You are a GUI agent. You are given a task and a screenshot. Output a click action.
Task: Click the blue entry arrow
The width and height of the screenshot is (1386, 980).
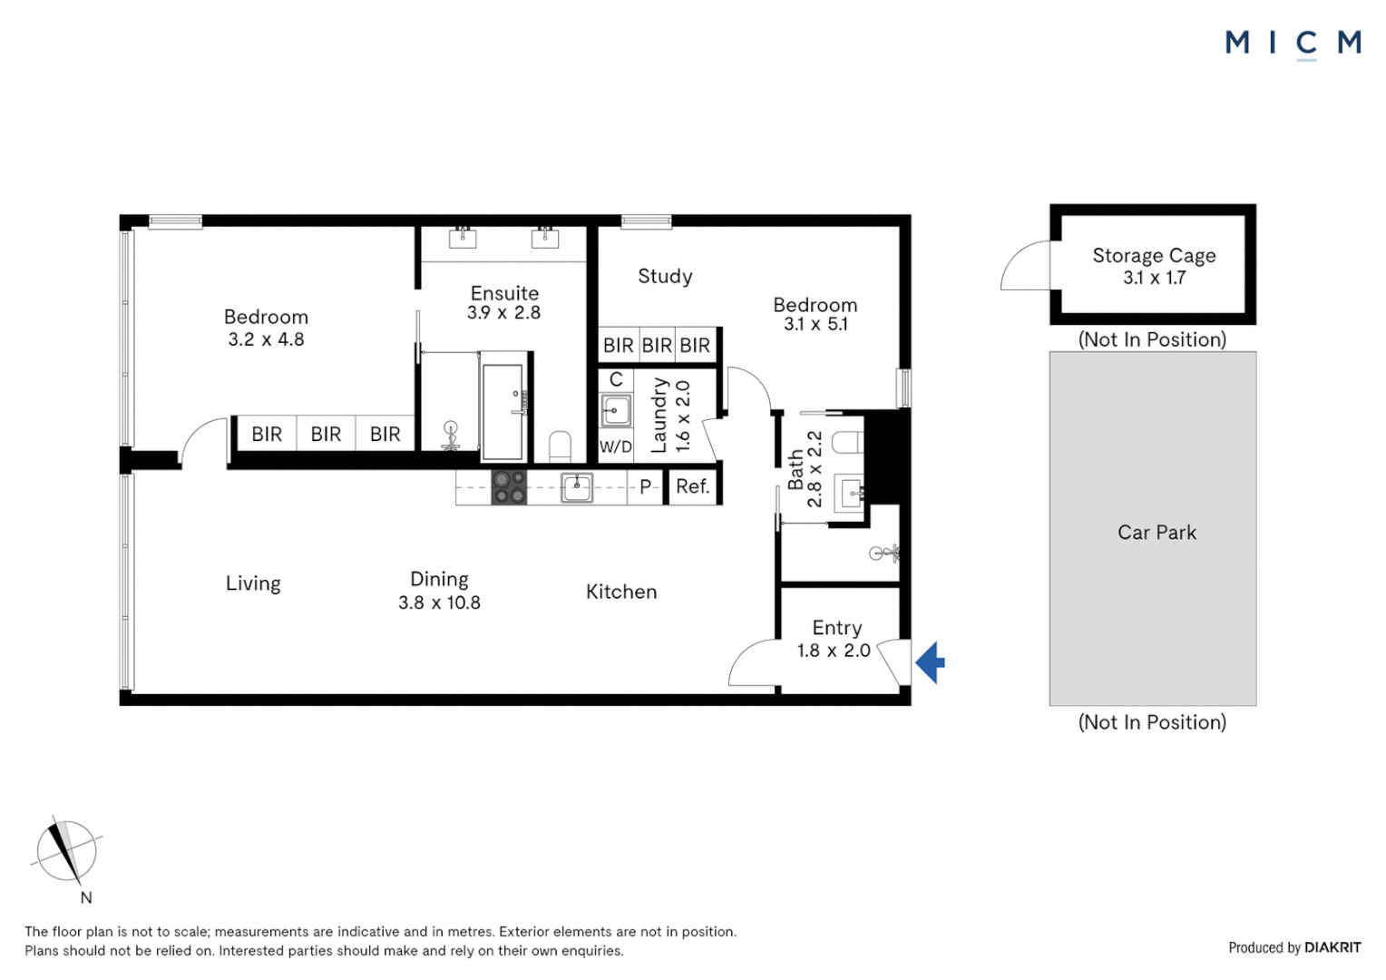pyautogui.click(x=932, y=662)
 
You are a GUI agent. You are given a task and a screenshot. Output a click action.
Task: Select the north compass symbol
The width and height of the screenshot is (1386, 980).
pyautogui.click(x=66, y=851)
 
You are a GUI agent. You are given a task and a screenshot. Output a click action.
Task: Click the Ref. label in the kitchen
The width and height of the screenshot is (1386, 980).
pyautogui.click(x=692, y=486)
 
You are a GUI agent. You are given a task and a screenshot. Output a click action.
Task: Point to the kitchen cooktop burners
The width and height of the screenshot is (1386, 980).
pyautogui.click(x=509, y=487)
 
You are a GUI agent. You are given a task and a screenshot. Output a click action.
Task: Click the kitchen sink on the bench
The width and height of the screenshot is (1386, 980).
pyautogui.click(x=577, y=487)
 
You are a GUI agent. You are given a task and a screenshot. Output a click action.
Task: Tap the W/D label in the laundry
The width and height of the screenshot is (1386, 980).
pyautogui.click(x=616, y=446)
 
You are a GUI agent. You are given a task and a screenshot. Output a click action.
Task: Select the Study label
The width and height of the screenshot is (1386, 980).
pyautogui.click(x=665, y=276)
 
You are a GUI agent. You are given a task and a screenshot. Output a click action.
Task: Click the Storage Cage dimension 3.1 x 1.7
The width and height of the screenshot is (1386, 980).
pyautogui.click(x=1154, y=278)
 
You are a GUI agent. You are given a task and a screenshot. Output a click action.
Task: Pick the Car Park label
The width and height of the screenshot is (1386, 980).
pyautogui.click(x=1157, y=533)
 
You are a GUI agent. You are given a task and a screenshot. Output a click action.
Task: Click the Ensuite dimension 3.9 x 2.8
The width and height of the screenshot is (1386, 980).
pyautogui.click(x=503, y=313)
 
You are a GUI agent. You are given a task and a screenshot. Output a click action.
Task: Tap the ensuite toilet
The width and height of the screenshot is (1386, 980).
pyautogui.click(x=561, y=446)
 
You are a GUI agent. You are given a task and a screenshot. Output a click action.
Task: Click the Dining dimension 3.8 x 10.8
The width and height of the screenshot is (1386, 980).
pyautogui.click(x=439, y=603)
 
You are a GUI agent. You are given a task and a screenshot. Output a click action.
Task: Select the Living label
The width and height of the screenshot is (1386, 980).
pyautogui.click(x=253, y=583)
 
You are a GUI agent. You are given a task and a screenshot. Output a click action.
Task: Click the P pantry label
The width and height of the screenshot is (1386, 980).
pyautogui.click(x=646, y=487)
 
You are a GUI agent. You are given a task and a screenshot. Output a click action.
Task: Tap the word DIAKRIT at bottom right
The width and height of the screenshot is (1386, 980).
pyautogui.click(x=1332, y=947)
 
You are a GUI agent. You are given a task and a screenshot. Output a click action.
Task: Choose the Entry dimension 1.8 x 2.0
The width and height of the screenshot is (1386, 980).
pyautogui.click(x=834, y=651)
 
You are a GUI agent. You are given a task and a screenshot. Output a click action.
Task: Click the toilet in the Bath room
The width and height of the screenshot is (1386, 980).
pyautogui.click(x=847, y=442)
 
